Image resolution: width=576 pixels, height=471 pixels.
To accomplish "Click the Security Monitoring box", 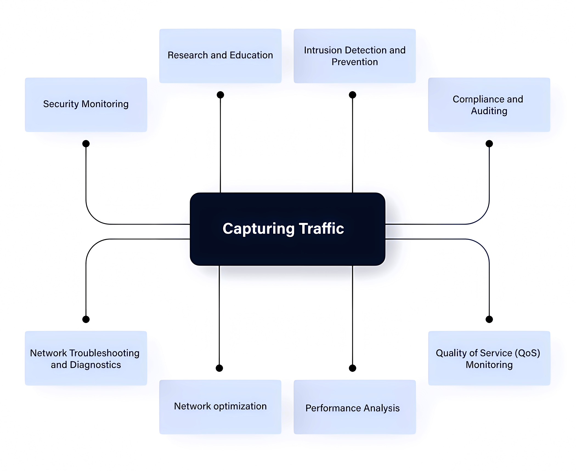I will (x=86, y=104).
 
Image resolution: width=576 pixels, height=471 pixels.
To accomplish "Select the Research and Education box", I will (x=220, y=56).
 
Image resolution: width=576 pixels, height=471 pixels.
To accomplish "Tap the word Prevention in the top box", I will (x=354, y=62).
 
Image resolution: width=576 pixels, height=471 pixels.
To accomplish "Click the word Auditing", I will (x=489, y=111).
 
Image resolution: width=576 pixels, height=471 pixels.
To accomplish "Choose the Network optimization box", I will (x=220, y=407).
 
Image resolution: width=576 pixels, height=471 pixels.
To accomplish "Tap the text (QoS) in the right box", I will (x=527, y=353).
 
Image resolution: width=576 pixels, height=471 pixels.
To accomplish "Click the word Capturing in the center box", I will (x=258, y=229).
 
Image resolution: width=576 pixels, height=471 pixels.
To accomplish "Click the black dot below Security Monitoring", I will (x=86, y=144).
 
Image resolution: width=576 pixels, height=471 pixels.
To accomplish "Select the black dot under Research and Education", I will (x=220, y=95).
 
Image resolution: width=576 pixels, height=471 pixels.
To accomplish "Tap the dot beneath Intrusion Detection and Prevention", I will (x=352, y=95).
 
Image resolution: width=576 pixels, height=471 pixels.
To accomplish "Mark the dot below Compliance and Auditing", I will (x=489, y=144).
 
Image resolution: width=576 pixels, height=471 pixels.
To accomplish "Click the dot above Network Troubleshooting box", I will (x=86, y=319).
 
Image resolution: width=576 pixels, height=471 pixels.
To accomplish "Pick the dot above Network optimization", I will (x=219, y=368).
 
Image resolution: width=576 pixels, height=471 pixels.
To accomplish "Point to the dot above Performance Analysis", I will (x=352, y=368).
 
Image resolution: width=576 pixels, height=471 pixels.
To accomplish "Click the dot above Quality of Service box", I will (x=489, y=319).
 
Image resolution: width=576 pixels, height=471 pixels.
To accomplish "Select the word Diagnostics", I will (x=95, y=365).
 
